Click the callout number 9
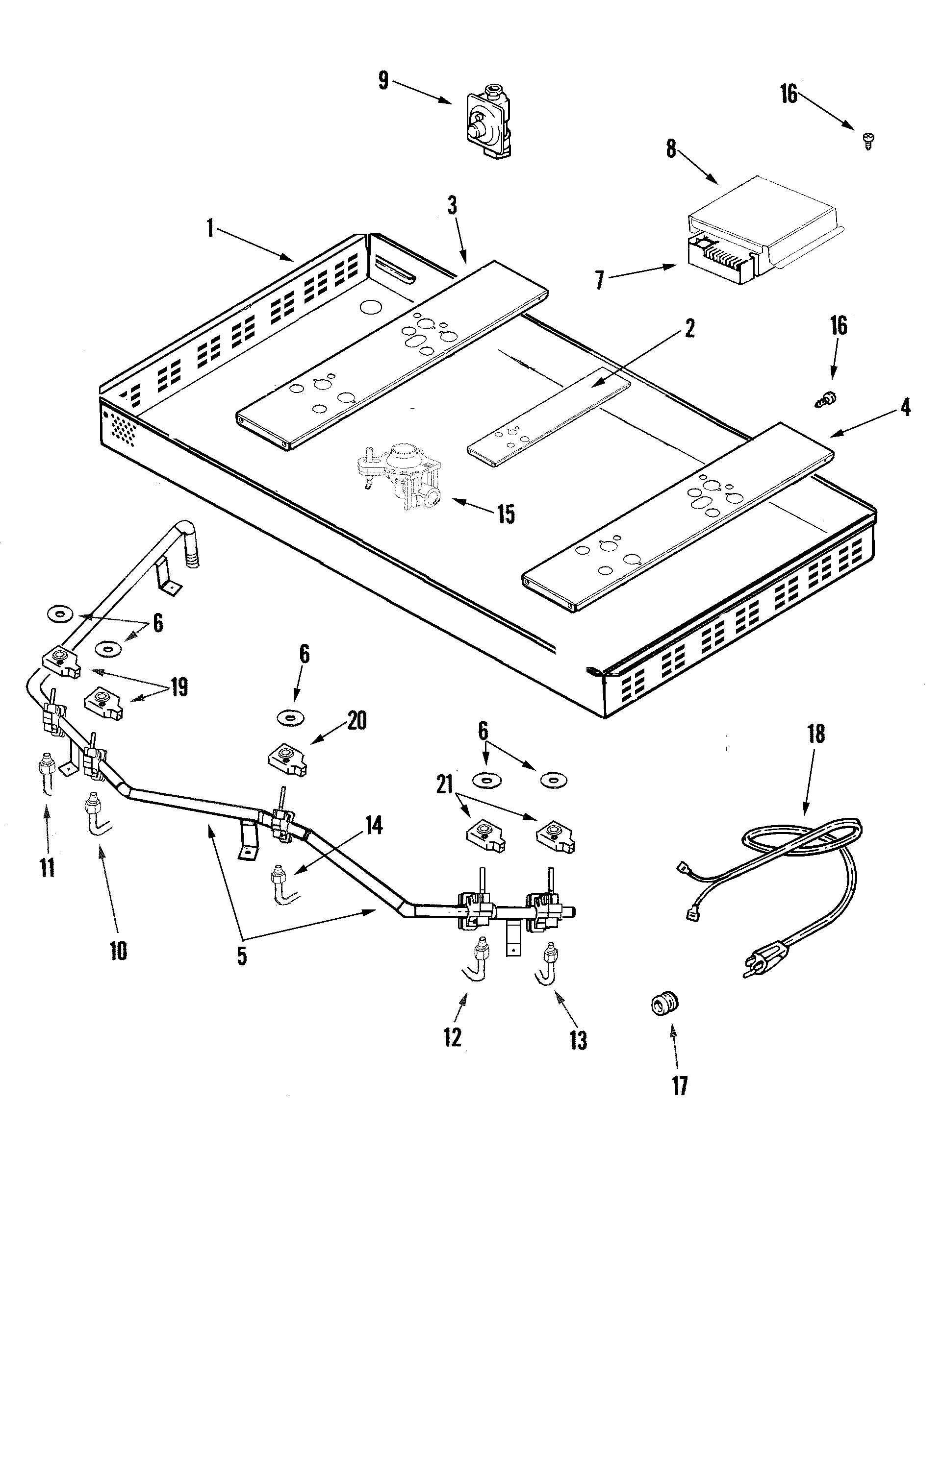tap(383, 80)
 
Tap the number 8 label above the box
tap(672, 148)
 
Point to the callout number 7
tap(600, 281)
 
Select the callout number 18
tap(816, 734)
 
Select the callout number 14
tap(374, 826)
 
